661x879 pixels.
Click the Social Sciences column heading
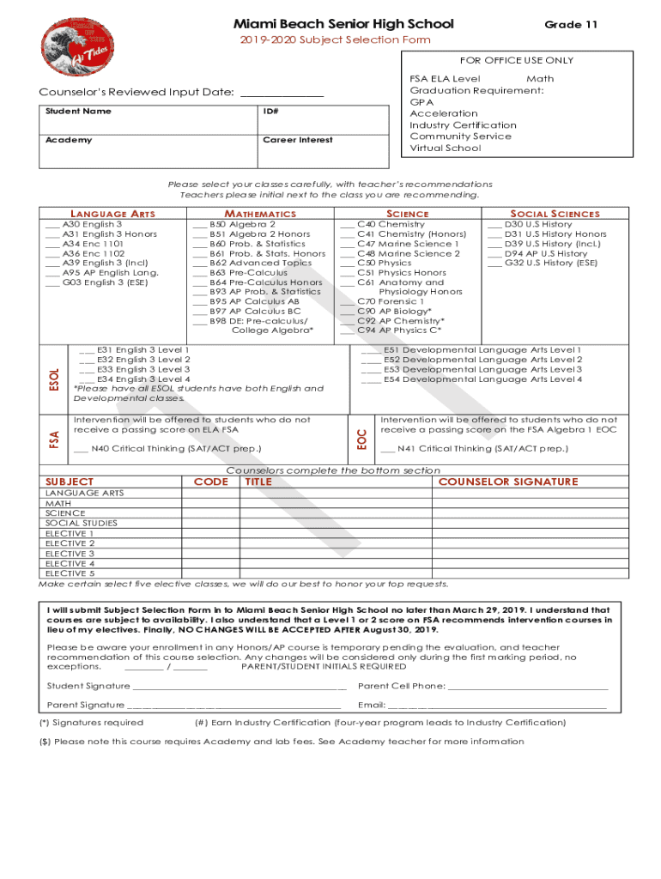coord(555,214)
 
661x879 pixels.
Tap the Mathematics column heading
coord(259,214)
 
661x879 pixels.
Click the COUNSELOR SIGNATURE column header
coord(508,482)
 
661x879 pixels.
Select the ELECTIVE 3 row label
coord(70,554)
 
